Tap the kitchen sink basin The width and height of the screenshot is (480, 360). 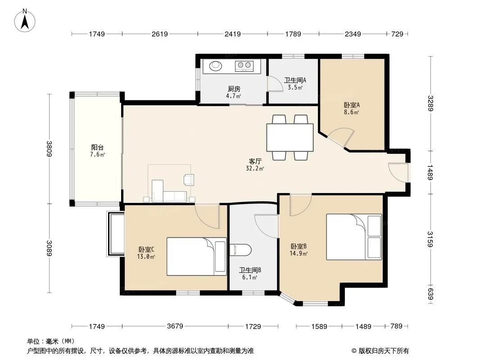[x=216, y=65]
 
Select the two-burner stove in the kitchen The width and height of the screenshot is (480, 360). [x=244, y=66]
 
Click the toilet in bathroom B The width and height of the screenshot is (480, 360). [x=240, y=250]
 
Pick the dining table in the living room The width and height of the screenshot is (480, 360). [x=290, y=138]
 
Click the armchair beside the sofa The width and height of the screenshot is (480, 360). [x=189, y=180]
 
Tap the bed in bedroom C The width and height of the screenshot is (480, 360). [x=196, y=256]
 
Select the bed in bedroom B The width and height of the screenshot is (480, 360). [x=354, y=237]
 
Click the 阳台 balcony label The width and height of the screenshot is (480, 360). [x=97, y=148]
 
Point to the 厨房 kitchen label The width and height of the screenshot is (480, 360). [x=234, y=89]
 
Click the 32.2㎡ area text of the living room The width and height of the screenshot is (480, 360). [x=255, y=168]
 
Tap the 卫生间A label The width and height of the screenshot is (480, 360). [x=295, y=81]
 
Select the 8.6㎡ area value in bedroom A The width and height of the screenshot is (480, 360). [x=351, y=112]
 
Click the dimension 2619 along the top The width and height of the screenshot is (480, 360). [x=160, y=34]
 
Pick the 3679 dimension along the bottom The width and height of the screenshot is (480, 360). [x=175, y=326]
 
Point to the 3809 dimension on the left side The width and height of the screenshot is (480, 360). [x=49, y=148]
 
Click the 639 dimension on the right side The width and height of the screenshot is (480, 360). [x=431, y=294]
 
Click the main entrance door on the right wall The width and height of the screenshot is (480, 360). [x=398, y=173]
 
